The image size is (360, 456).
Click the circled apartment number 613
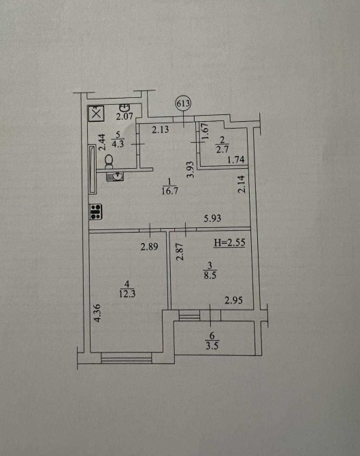pos(183,104)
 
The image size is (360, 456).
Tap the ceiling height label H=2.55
pos(229,242)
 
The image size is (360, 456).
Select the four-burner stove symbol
pos(96,212)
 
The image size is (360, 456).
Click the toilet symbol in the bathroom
pos(109,161)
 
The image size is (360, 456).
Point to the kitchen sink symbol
pos(116,176)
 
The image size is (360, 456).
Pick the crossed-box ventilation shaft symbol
pos(96,114)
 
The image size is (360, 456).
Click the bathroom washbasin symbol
pos(126,108)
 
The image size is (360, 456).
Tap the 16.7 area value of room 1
pos(170,191)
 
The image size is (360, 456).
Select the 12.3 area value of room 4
pos(127,294)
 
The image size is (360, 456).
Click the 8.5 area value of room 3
pos(210,275)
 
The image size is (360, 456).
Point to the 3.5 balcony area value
pos(212,346)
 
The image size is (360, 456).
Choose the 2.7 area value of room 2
pos(223,149)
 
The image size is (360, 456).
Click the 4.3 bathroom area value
pos(118,144)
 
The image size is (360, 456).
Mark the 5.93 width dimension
pos(212,218)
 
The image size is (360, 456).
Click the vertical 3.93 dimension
pos(191,169)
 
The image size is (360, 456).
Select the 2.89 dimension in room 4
pos(150,246)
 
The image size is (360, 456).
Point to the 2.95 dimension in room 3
pos(234,300)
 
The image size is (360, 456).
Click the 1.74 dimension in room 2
pos(236,160)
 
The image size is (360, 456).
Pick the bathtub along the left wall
pos(93,169)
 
